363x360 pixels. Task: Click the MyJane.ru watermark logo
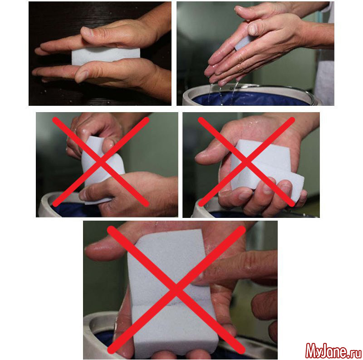pyautogui.click(x=334, y=350)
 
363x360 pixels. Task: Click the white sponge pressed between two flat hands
pyautogui.click(x=106, y=56)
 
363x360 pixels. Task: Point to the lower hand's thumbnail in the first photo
pyautogui.click(x=81, y=76)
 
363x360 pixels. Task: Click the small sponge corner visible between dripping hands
pyautogui.click(x=242, y=42)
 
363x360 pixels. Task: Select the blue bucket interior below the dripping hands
pyautogui.click(x=250, y=99)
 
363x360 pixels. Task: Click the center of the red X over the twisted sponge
pyautogui.click(x=100, y=162)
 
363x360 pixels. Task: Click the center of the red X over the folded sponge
pyautogui.click(x=246, y=162)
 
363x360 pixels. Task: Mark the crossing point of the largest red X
pyautogui.click(x=176, y=290)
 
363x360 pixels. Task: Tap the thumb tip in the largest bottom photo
pyautogui.click(x=93, y=252)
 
